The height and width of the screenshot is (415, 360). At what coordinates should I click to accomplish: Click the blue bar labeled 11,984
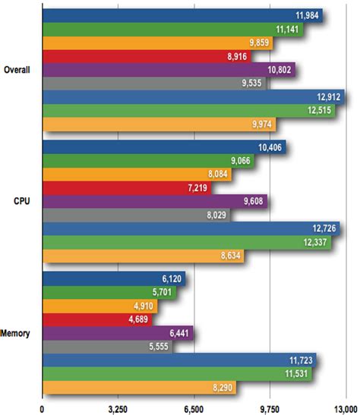(x=182, y=15)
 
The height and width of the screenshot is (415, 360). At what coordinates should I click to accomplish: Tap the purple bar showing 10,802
(x=168, y=70)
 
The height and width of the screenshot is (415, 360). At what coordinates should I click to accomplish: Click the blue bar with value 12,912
(x=193, y=97)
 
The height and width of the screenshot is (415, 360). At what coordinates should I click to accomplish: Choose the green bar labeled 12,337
(x=186, y=242)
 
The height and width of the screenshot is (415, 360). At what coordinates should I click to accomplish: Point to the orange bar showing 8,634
(x=143, y=256)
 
